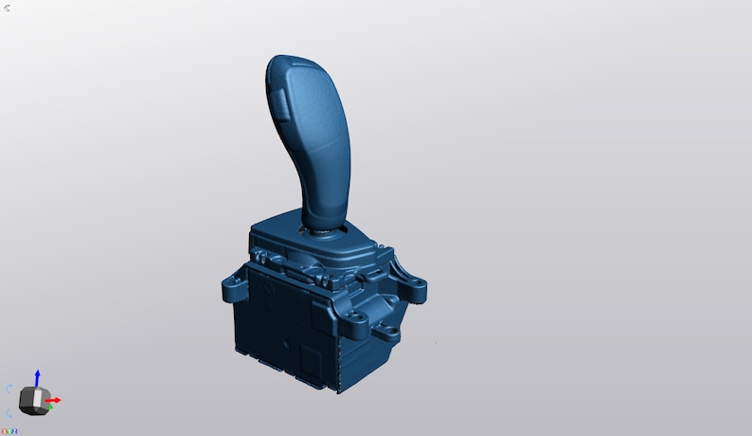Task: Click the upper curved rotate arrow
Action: (9, 389)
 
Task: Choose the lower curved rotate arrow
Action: (9, 412)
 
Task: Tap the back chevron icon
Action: (8, 8)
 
